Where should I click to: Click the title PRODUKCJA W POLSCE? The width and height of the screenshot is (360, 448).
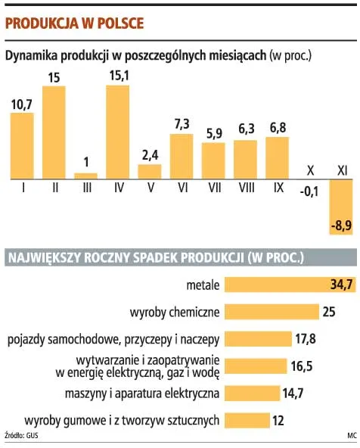74,23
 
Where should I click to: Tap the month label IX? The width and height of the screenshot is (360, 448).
278,188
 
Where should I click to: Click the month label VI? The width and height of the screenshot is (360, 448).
181,188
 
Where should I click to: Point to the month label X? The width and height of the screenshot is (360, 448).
309,171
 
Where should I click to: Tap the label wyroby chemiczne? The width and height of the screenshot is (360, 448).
175,312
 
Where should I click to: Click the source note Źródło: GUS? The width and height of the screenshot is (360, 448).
21,437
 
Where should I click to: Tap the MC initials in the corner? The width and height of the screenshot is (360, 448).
351,437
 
